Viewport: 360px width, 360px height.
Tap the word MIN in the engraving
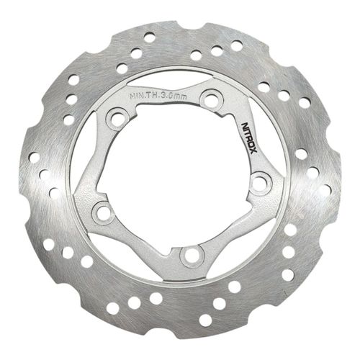tap(136, 94)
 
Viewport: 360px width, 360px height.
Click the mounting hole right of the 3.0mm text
tap(211, 99)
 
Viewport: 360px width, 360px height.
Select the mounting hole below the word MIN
tap(117, 117)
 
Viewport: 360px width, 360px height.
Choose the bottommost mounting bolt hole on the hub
tap(191, 253)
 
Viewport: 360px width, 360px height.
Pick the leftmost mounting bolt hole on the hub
tap(104, 212)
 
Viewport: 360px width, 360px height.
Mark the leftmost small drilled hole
tap(34, 157)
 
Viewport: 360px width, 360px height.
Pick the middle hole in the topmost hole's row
tap(135, 53)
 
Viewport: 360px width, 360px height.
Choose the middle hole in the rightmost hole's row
tap(313, 173)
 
